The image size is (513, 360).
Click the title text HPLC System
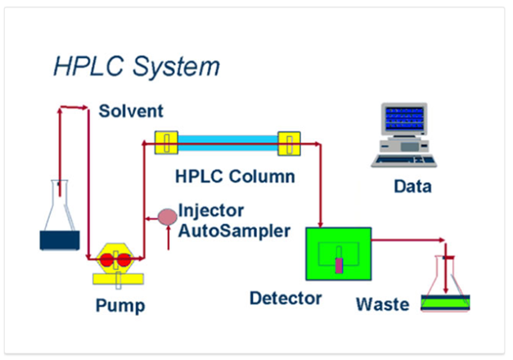pos(136,65)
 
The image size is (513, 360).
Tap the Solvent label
pos(131,110)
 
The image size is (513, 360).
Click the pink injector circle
pos(166,217)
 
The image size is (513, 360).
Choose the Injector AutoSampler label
pos(233,221)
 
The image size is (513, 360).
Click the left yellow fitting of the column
pos(166,144)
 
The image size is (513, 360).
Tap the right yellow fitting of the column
pos(290,144)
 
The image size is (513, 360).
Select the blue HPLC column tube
pos(227,144)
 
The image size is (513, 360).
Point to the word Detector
pos(286,297)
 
